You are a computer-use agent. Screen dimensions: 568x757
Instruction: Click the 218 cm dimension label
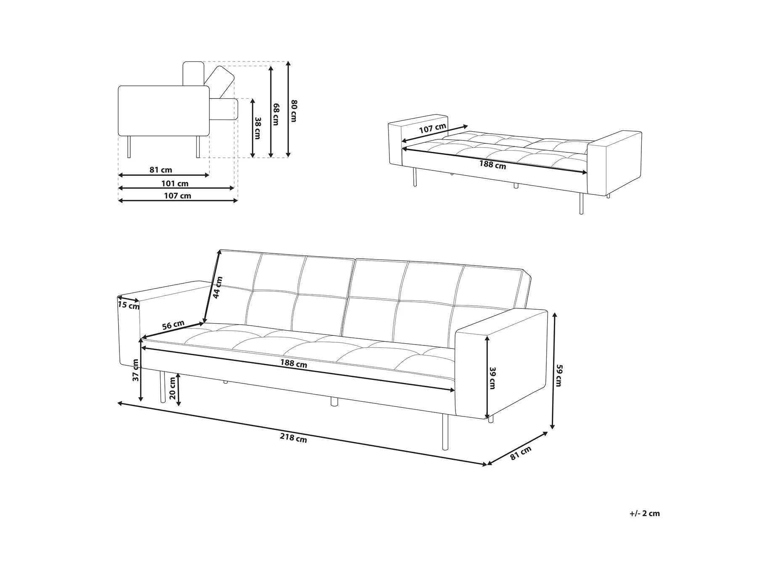pyautogui.click(x=293, y=438)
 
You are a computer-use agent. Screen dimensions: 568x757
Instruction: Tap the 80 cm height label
pyautogui.click(x=294, y=111)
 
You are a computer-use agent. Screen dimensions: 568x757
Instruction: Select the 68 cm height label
pyautogui.click(x=276, y=114)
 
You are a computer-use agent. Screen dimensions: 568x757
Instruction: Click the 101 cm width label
pyautogui.click(x=175, y=183)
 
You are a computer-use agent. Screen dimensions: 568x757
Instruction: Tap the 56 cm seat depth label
pyautogui.click(x=173, y=325)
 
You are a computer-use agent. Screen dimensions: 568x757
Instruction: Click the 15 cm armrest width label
pyautogui.click(x=128, y=305)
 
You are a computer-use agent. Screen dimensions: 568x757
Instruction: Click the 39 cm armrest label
pyautogui.click(x=492, y=377)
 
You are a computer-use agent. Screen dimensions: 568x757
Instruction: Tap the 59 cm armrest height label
pyautogui.click(x=558, y=375)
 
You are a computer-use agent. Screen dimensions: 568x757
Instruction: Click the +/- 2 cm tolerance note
pyautogui.click(x=644, y=513)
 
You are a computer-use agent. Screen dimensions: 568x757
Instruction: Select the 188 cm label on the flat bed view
pyautogui.click(x=492, y=165)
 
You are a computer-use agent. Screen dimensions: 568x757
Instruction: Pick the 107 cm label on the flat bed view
pyautogui.click(x=432, y=129)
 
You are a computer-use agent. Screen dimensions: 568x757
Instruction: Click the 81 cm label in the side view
pyautogui.click(x=161, y=170)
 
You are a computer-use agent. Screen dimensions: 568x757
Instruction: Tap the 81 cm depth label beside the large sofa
pyautogui.click(x=520, y=453)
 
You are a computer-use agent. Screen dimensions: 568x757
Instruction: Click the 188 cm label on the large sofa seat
pyautogui.click(x=294, y=364)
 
